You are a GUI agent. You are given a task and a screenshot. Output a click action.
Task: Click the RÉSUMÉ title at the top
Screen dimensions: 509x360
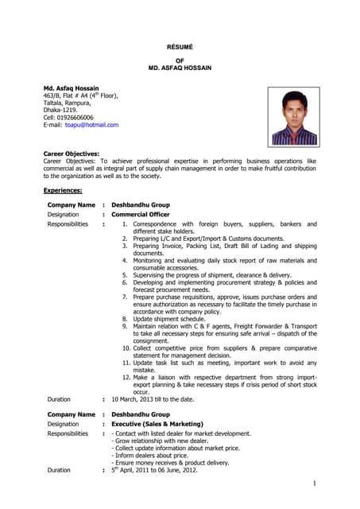coord(180,48)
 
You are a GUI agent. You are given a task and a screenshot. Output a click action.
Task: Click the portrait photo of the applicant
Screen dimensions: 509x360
coord(293,116)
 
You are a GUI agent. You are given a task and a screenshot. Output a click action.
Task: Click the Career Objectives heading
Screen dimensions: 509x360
coord(71,153)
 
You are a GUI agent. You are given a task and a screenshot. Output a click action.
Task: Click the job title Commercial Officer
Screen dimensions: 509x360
coord(141,215)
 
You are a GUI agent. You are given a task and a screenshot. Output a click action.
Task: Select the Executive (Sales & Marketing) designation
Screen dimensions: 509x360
coord(157,424)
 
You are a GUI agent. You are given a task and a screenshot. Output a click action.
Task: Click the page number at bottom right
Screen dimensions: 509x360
coord(315,484)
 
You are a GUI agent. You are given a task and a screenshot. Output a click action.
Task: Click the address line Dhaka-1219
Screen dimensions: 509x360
coord(60,110)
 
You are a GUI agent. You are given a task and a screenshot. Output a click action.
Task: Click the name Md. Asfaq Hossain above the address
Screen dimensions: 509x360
coord(72,88)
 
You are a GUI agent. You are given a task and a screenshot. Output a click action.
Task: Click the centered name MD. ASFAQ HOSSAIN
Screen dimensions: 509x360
coord(180,68)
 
